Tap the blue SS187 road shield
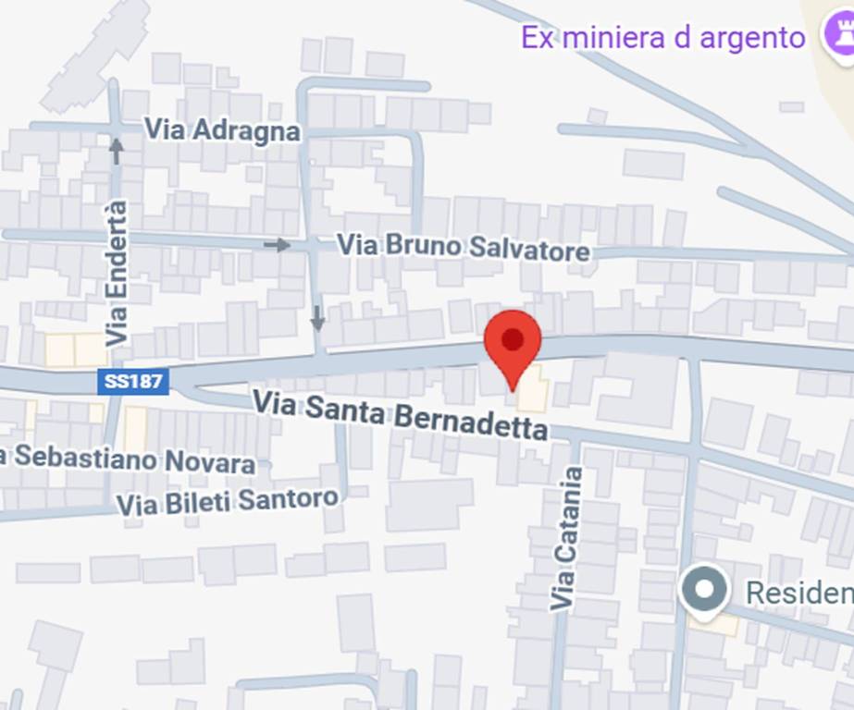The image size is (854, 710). pos(133,382)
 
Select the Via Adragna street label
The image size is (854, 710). pos(222,129)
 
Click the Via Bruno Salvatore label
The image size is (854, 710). pos(463,248)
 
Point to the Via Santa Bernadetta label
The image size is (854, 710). pos(400,415)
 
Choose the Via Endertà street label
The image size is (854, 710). pos(117,274)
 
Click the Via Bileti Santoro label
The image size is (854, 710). pos(228,502)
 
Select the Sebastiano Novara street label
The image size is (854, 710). pos(130,459)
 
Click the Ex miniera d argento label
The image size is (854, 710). pos(662,38)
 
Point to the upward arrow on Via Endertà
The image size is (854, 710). pos(117,150)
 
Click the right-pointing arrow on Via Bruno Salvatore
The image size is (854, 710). pos(277,245)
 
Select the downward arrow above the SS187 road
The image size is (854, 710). pos(317,318)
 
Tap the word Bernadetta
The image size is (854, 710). pos(471,422)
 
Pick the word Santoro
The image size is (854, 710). pos(288,500)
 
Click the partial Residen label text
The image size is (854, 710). pos(798,593)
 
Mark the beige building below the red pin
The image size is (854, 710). pos(532,394)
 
